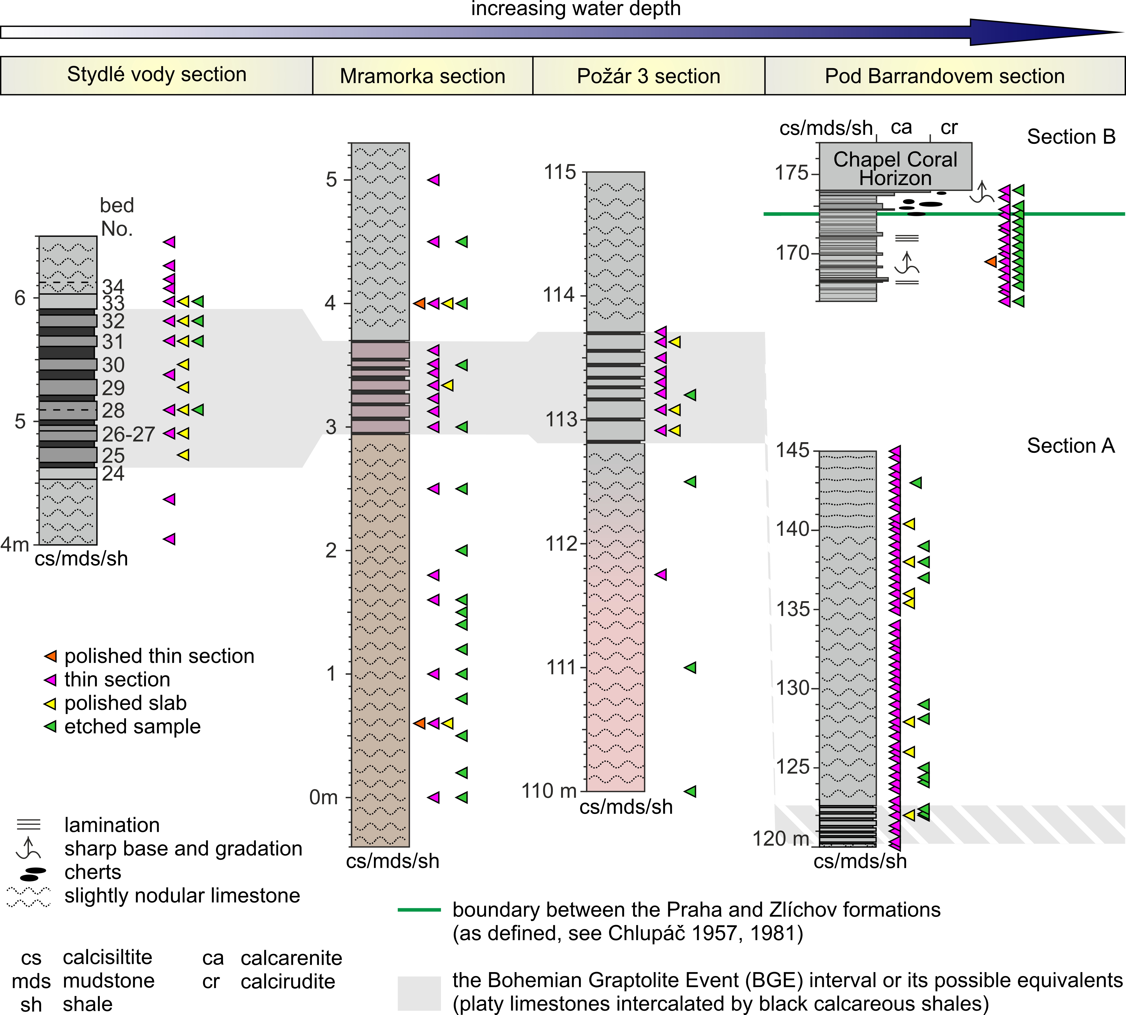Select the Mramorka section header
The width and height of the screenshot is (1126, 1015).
tap(422, 76)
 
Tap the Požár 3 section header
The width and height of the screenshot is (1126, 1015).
tap(648, 76)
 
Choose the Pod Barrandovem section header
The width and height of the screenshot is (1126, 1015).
tap(945, 76)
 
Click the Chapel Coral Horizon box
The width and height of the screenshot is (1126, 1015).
tap(895, 167)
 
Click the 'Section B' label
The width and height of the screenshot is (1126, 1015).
tap(1071, 137)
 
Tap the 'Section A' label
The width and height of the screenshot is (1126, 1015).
tap(1071, 446)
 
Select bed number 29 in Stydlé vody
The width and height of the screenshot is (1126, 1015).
tap(113, 387)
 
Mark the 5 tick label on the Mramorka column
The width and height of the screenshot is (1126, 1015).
tap(332, 179)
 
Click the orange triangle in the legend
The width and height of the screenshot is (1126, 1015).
tap(51, 656)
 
